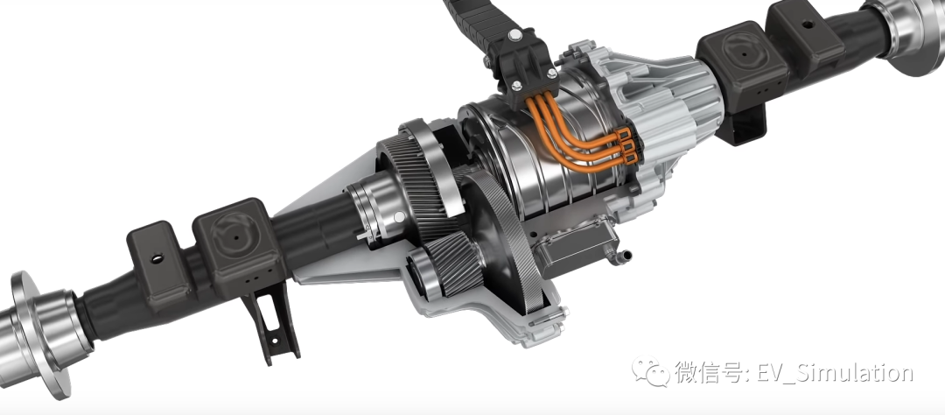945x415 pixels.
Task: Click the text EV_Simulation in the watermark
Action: click(834, 373)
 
